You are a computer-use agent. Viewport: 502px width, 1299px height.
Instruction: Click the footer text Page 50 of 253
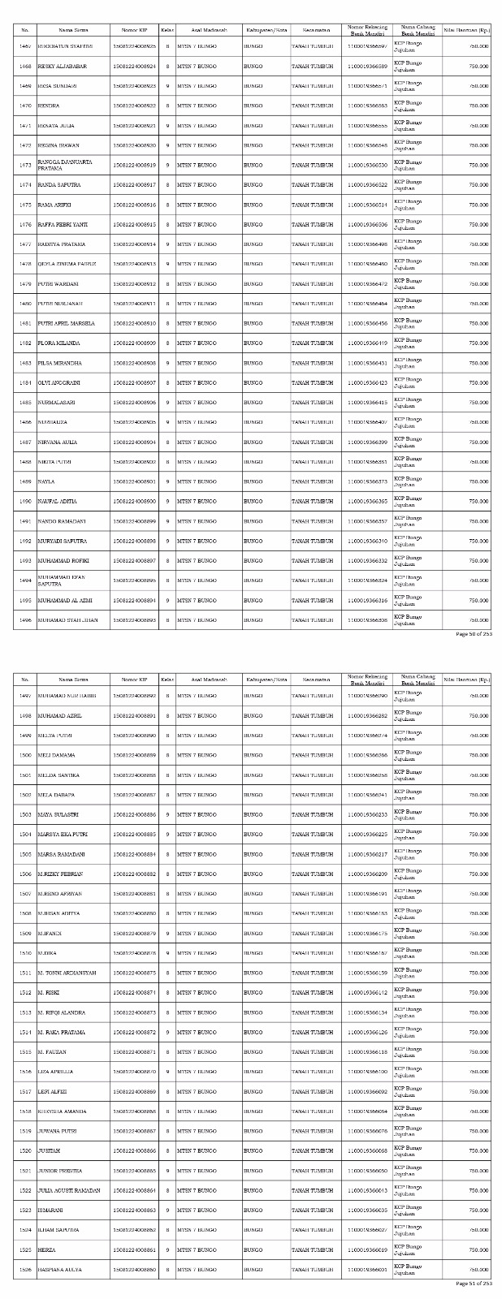(474, 634)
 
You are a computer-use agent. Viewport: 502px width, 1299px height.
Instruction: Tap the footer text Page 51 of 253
(474, 1284)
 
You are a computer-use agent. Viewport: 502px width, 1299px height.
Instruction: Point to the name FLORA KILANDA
(57, 343)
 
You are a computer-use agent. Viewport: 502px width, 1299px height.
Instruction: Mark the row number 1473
(24, 165)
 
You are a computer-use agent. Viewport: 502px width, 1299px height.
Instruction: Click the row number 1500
(24, 755)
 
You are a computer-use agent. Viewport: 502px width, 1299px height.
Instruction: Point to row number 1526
(24, 1270)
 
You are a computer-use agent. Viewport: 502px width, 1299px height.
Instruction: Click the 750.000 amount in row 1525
(478, 1250)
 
